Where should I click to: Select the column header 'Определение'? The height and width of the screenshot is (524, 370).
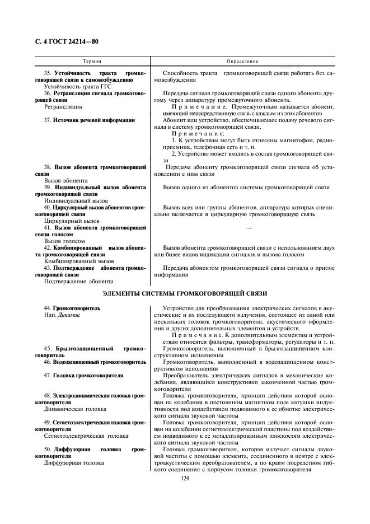(x=242, y=60)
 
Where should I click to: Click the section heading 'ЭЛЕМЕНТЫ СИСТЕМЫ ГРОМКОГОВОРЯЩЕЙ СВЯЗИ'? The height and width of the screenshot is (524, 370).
(x=185, y=293)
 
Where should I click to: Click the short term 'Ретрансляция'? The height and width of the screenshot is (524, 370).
(x=63, y=106)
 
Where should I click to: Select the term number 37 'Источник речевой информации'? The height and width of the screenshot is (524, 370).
(x=89, y=120)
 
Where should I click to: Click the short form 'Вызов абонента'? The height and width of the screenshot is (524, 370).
(x=65, y=180)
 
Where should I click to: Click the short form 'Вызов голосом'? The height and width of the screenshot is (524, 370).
(x=64, y=241)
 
